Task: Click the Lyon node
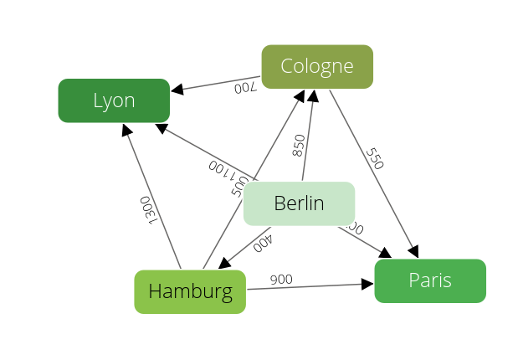[114, 100]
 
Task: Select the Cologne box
[317, 66]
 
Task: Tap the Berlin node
[299, 203]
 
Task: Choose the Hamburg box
[190, 291]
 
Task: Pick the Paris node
[430, 280]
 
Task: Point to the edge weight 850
[299, 146]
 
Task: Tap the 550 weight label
[374, 159]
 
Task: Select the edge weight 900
[281, 279]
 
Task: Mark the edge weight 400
[263, 243]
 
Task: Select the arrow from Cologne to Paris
[372, 172]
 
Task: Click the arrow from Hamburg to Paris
[310, 286]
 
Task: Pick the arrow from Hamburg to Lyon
[152, 197]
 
